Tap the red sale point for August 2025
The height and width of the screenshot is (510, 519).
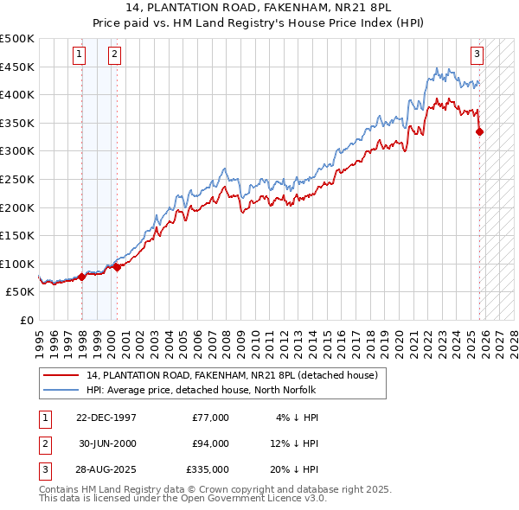click(x=480, y=132)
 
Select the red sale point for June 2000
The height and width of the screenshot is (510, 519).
click(x=117, y=267)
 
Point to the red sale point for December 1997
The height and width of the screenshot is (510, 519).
click(x=82, y=277)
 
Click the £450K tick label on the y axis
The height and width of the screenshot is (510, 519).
click(x=17, y=67)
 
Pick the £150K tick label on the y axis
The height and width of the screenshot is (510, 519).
click(x=17, y=235)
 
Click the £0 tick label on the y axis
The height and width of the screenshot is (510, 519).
click(x=28, y=320)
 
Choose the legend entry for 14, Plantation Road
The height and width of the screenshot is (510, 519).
click(x=232, y=376)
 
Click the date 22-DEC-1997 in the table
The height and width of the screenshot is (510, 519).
click(x=106, y=418)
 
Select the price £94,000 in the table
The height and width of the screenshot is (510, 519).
click(x=210, y=443)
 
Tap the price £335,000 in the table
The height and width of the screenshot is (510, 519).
click(x=208, y=469)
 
